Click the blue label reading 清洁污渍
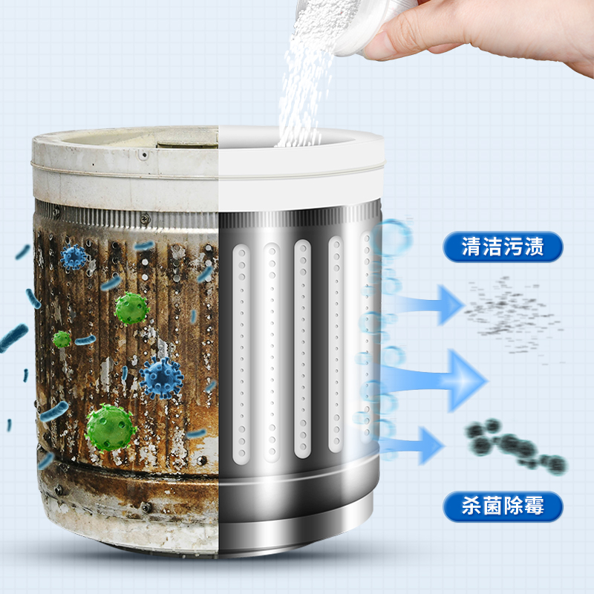click(x=503, y=247)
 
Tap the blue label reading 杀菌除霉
click(x=503, y=506)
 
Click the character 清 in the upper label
click(x=471, y=247)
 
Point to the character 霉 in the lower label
click(x=534, y=506)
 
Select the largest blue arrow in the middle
click(x=436, y=379)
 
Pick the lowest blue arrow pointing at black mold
click(x=413, y=446)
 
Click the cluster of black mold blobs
click(x=515, y=446)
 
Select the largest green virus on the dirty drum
click(x=110, y=428)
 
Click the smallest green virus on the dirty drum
click(x=62, y=339)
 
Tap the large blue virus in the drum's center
click(x=161, y=378)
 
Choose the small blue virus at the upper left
click(x=74, y=257)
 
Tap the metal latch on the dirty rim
click(x=189, y=145)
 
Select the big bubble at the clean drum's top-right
click(x=392, y=238)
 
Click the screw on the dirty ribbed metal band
click(x=145, y=218)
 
